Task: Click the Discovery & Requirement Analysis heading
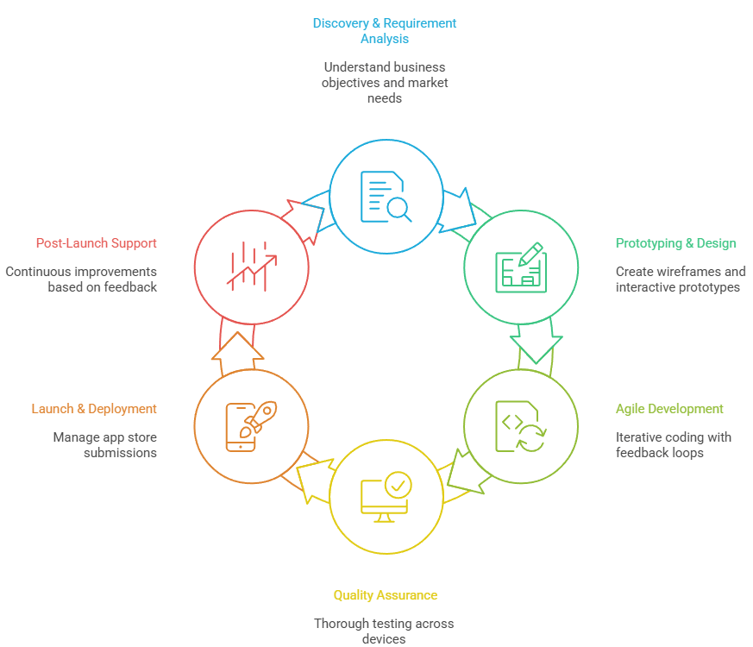coord(385,30)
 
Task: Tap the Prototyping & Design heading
coord(675,243)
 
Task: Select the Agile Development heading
coord(669,409)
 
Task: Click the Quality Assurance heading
coord(385,595)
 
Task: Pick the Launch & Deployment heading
coord(94,409)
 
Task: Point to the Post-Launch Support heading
coord(97,243)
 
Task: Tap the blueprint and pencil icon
coord(521,267)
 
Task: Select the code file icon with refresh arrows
coord(520,426)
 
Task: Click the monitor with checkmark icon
coord(386,496)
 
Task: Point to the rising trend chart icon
coord(251,265)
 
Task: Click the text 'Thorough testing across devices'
coord(384,631)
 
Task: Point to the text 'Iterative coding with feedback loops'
coord(674,444)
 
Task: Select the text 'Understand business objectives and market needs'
coord(385,82)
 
